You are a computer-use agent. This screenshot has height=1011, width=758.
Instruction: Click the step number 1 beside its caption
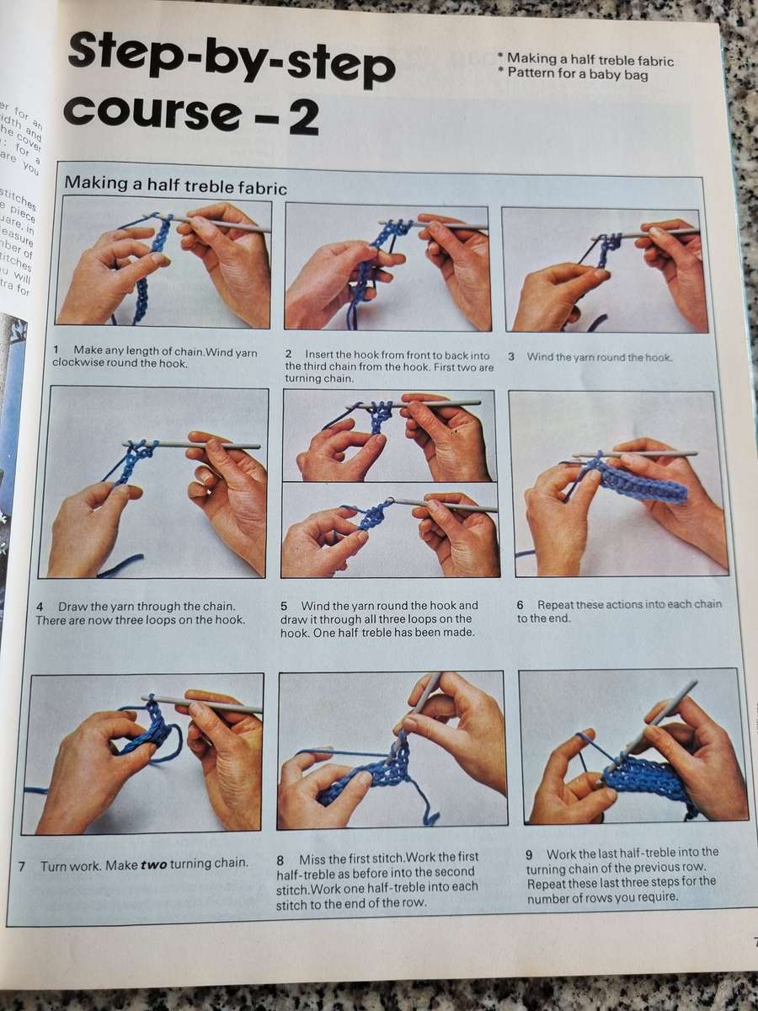(56, 350)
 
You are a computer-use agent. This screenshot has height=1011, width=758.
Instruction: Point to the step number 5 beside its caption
(284, 606)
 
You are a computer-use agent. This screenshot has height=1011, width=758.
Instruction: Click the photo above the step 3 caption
(605, 270)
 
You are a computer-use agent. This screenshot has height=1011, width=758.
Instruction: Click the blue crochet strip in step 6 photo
(640, 484)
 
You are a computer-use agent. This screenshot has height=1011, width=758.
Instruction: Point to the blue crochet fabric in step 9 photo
(649, 779)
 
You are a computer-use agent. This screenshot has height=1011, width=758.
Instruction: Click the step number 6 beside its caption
(520, 605)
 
